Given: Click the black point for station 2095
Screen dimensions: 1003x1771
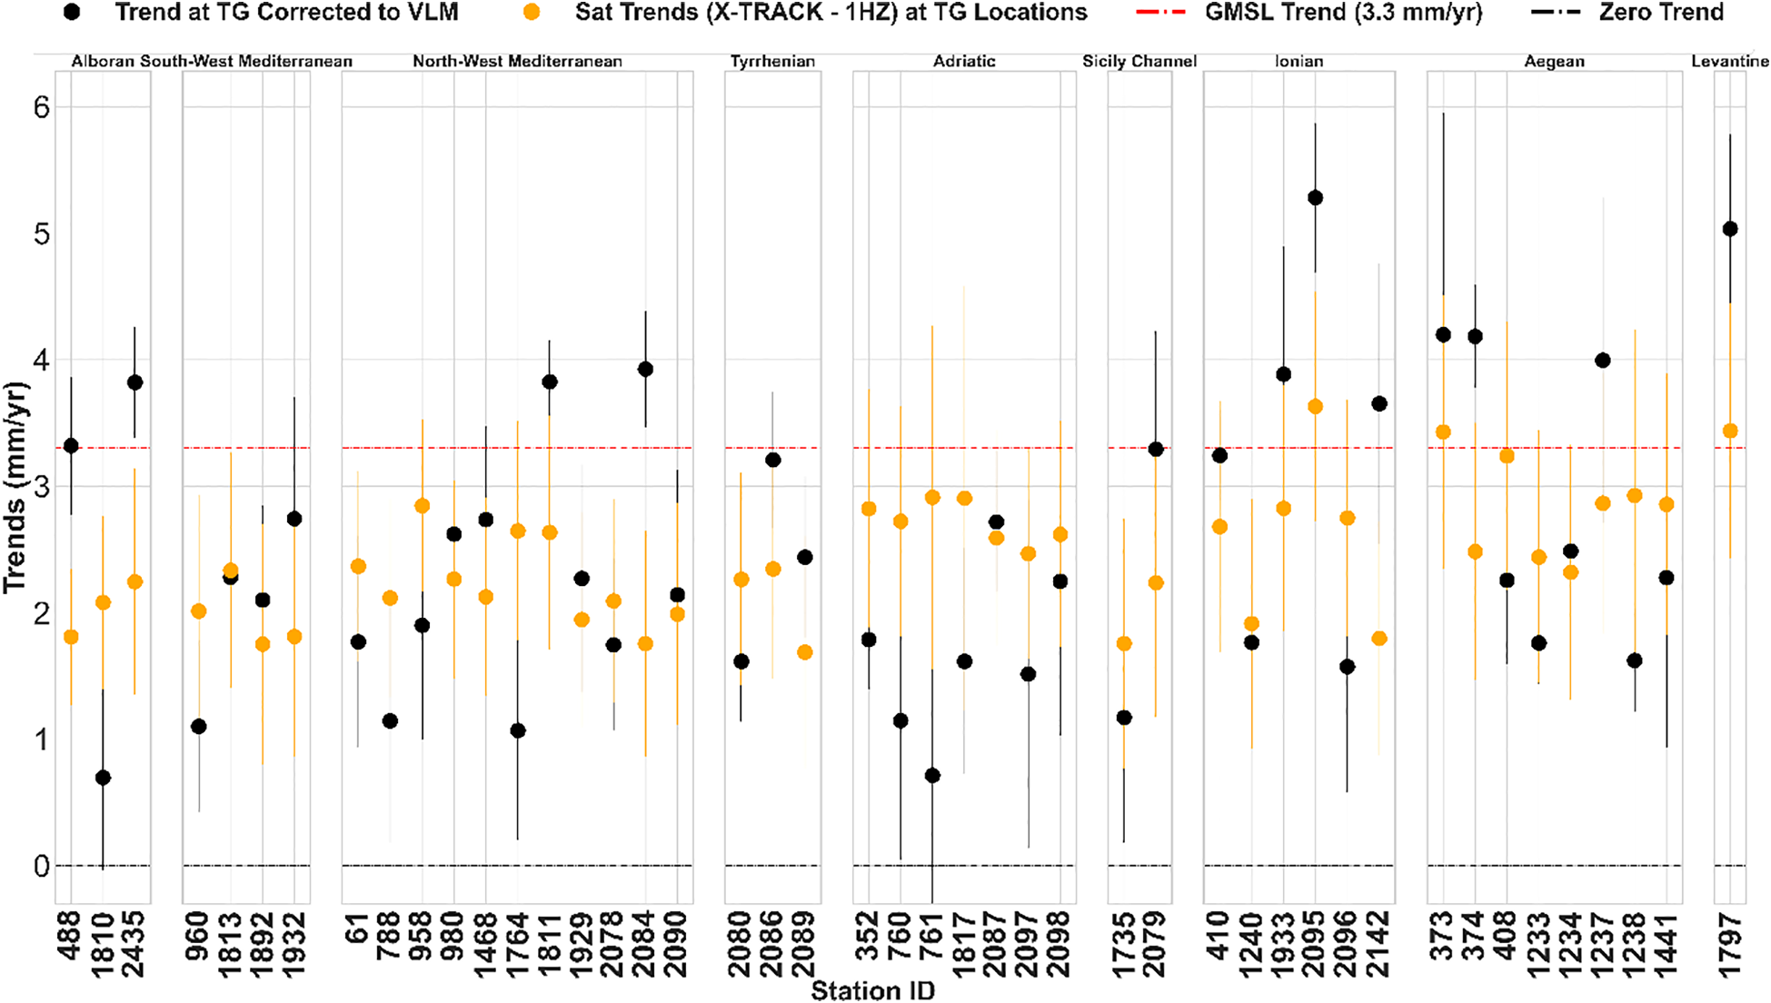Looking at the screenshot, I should (1315, 198).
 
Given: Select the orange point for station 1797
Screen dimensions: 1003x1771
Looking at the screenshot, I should (1730, 431).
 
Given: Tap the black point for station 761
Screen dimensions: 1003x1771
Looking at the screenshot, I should (932, 775).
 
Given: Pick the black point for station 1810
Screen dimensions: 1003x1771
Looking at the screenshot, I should (103, 778).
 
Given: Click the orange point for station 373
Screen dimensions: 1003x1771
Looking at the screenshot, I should (1443, 432).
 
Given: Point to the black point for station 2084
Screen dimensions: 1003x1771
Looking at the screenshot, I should (645, 369).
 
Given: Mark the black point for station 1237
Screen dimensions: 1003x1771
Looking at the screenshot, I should (1603, 361).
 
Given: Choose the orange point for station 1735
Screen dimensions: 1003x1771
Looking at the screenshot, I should (1124, 643).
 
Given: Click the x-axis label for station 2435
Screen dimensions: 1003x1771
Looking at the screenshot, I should (134, 945).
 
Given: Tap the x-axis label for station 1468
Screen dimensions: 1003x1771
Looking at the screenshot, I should (486, 945).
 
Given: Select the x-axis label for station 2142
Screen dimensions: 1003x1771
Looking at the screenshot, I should (1379, 945).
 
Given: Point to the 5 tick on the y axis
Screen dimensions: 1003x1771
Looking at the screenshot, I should (40, 234).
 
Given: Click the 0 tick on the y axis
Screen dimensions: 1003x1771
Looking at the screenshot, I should (41, 866).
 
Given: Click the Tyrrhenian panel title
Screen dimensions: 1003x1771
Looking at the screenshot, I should (772, 62).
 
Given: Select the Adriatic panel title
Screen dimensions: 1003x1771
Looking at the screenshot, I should (964, 62).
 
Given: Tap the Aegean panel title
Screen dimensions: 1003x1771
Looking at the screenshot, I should (1554, 62).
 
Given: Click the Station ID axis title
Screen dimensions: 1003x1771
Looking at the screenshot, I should (872, 991).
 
